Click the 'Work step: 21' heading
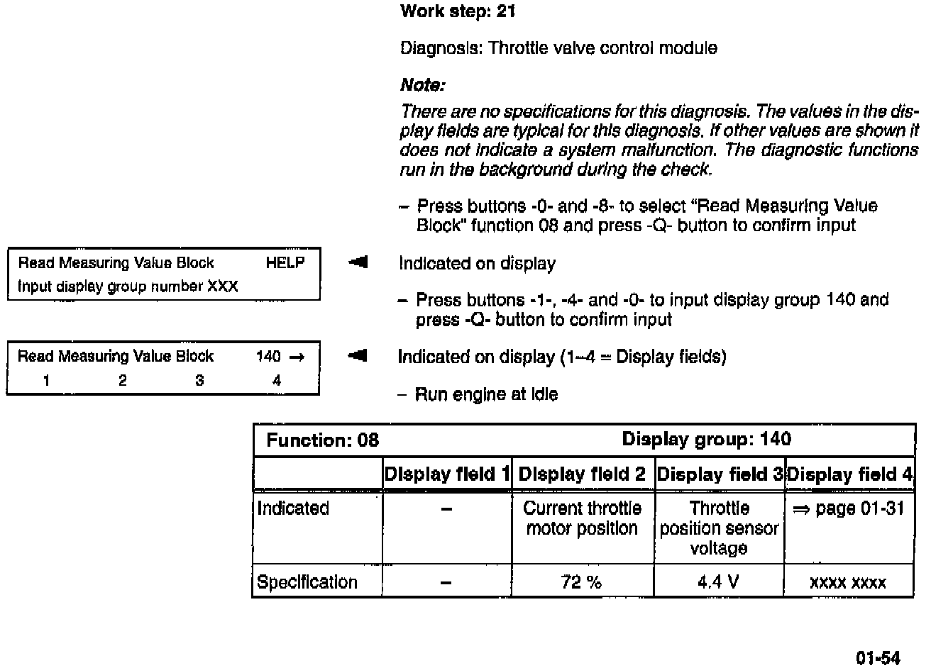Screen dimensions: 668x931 click(458, 11)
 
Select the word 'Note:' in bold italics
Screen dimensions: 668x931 click(423, 86)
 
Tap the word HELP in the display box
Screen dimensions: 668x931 click(285, 263)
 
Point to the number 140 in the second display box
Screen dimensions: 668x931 click(268, 357)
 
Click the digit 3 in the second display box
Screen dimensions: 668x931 click(199, 381)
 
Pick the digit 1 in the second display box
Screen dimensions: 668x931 click(46, 381)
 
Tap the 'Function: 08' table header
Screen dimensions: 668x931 click(323, 440)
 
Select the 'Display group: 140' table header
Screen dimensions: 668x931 click(706, 439)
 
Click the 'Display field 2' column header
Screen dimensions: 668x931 click(583, 474)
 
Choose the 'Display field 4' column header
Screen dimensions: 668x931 click(849, 474)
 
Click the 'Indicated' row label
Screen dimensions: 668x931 click(293, 508)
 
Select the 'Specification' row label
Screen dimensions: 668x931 click(307, 582)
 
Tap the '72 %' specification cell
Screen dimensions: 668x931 click(582, 582)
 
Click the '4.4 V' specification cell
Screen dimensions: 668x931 click(718, 582)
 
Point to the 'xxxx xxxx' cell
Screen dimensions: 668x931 click(848, 583)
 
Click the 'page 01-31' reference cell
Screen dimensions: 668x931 click(849, 508)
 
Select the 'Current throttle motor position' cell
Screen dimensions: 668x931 click(582, 518)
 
